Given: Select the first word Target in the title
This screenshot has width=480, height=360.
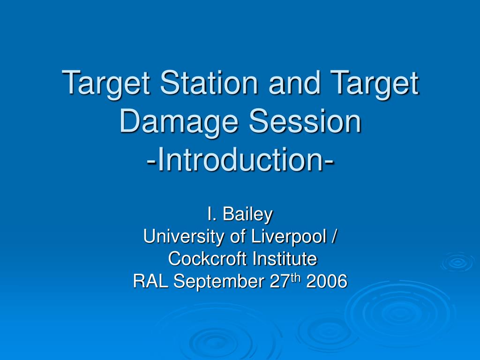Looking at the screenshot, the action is [106, 83].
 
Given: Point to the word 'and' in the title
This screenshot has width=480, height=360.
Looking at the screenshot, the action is [294, 82].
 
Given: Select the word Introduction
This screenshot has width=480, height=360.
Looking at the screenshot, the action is [240, 159].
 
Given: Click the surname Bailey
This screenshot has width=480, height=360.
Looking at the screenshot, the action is [247, 215].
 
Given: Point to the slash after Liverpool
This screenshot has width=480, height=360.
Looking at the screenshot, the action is [334, 236].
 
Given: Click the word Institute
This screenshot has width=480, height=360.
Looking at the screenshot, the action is [285, 258].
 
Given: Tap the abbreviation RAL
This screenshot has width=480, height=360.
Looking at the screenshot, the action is [150, 281].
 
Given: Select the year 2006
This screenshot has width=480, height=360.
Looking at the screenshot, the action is [327, 281].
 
